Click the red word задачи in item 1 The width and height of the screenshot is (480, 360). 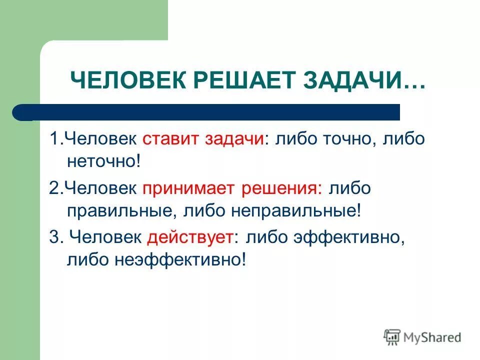[233, 139]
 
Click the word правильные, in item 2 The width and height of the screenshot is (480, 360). [120, 210]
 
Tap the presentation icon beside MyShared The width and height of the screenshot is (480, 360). [391, 337]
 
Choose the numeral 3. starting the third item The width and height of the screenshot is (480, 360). [55, 237]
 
